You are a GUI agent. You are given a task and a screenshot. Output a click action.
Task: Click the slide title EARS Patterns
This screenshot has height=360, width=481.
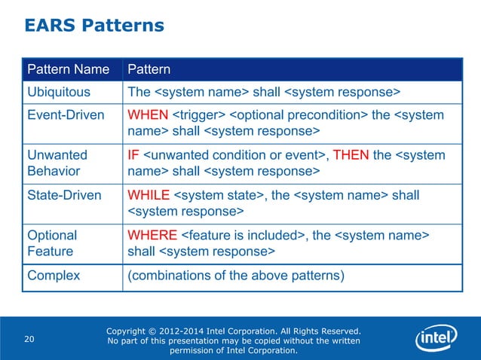click(x=94, y=26)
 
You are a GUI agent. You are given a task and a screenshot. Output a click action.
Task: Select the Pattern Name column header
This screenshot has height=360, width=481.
click(x=68, y=70)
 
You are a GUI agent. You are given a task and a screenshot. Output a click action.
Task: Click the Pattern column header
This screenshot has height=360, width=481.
click(x=149, y=70)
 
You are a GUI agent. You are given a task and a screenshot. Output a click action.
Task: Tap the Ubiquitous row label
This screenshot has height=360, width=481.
click(x=59, y=92)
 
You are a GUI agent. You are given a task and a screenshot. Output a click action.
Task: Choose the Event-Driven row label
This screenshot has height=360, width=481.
click(x=64, y=115)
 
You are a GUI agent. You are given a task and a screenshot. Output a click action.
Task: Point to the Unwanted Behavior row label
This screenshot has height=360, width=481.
click(x=57, y=163)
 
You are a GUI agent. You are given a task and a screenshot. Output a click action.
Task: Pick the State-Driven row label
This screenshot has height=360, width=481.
click(x=64, y=195)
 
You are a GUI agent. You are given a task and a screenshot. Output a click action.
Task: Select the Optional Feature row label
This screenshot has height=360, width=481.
click(x=52, y=243)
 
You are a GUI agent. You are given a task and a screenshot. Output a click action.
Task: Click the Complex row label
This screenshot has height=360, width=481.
click(x=54, y=275)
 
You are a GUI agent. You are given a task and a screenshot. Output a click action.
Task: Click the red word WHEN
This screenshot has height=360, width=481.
click(x=148, y=115)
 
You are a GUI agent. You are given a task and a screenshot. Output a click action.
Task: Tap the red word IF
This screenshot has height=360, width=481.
click(x=133, y=155)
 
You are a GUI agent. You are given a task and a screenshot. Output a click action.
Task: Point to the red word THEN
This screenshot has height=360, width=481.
click(x=351, y=155)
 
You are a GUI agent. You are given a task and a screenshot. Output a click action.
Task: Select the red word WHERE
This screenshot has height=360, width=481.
click(x=153, y=235)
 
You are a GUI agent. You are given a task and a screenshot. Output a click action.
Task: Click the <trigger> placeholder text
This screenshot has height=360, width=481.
click(x=198, y=115)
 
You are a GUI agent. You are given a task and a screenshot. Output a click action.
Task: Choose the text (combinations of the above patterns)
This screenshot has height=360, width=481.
click(x=236, y=275)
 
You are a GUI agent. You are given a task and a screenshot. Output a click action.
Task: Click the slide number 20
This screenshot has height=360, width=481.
click(x=29, y=339)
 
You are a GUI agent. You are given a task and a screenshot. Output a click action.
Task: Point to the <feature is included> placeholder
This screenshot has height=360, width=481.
click(x=244, y=235)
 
